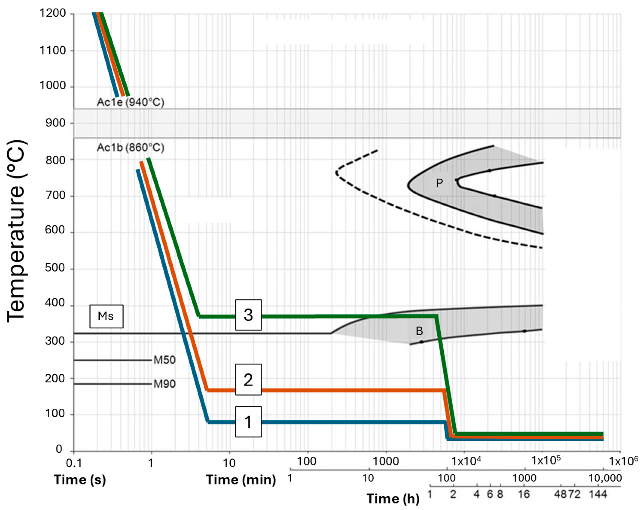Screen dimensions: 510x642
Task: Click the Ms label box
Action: point(106,316)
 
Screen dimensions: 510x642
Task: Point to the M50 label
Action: point(164,360)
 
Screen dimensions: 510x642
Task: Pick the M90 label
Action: point(164,384)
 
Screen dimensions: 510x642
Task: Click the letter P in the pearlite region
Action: point(439,183)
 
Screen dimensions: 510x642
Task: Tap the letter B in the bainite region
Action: point(419,331)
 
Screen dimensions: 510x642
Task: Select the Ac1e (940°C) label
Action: point(130,102)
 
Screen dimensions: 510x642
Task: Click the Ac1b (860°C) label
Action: point(130,147)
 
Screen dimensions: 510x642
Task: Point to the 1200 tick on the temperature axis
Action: point(53,13)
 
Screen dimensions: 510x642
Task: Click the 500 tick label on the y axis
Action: point(55,268)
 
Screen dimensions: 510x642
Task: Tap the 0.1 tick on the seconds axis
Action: point(74,463)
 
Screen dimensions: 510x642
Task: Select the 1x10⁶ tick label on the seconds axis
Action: point(623,461)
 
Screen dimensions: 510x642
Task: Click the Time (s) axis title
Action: point(80,480)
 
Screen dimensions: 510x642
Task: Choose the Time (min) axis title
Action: point(241,480)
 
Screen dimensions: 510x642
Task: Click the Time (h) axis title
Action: point(393,499)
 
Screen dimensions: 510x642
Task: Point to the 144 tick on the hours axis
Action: point(598,494)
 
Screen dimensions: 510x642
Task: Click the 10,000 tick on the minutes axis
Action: point(605,478)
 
